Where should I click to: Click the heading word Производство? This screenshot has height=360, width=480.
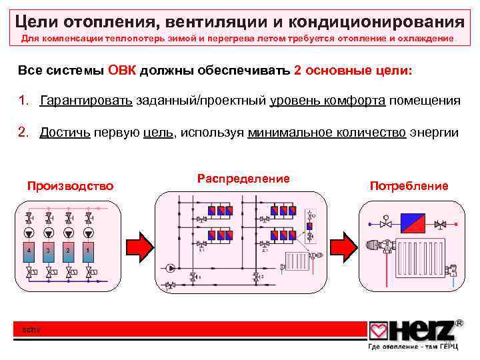tap(70, 185)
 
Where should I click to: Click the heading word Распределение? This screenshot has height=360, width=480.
tap(243, 179)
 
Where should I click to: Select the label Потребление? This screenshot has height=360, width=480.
tap(409, 186)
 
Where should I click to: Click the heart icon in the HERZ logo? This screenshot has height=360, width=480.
tap(379, 330)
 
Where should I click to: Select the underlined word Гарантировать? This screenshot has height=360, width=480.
tap(87, 101)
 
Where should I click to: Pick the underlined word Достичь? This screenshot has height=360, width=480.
tap(64, 132)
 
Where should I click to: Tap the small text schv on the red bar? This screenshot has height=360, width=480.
tap(32, 329)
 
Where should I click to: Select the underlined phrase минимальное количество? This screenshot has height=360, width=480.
tap(326, 132)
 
